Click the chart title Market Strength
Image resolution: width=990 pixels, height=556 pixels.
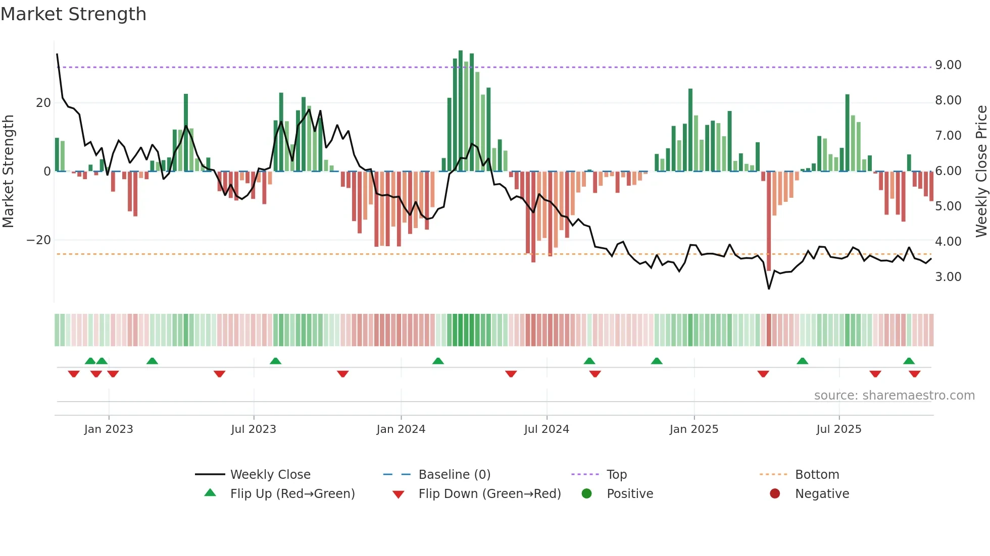pyautogui.click(x=73, y=14)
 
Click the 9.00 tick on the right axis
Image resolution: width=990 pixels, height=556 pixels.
pyautogui.click(x=948, y=65)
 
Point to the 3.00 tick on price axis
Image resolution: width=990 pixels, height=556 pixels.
pyautogui.click(x=948, y=277)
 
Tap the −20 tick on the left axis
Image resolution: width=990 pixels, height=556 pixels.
pyautogui.click(x=39, y=240)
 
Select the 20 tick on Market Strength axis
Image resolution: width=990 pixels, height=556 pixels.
pyautogui.click(x=43, y=103)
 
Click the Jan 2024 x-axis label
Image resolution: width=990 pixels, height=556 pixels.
pyautogui.click(x=401, y=429)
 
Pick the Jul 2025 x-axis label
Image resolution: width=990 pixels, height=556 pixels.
pyautogui.click(x=838, y=429)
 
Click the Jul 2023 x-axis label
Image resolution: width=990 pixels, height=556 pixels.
pyautogui.click(x=253, y=429)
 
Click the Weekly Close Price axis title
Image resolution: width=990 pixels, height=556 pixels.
pyautogui.click(x=981, y=171)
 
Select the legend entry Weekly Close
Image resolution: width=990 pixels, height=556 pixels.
pyautogui.click(x=270, y=475)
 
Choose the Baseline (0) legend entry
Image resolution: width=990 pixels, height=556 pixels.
pyautogui.click(x=454, y=475)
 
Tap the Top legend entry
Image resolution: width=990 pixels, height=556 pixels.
pyautogui.click(x=616, y=475)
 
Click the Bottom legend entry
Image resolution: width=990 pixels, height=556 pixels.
pyautogui.click(x=817, y=475)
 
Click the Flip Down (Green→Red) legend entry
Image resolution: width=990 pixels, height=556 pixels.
pyautogui.click(x=489, y=494)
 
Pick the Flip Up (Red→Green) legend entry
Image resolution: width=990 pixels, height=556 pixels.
pyautogui.click(x=292, y=494)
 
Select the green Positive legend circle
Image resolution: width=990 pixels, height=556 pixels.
pyautogui.click(x=586, y=493)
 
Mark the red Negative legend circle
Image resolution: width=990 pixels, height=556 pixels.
pyautogui.click(x=775, y=493)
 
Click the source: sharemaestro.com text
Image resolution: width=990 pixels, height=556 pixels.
pyautogui.click(x=894, y=396)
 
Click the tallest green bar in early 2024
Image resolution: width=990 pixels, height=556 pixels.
pyautogui.click(x=460, y=111)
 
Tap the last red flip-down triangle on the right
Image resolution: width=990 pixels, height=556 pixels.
pyautogui.click(x=914, y=374)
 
